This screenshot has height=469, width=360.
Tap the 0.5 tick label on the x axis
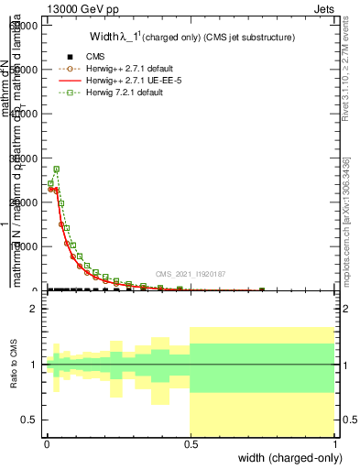tap(190, 442)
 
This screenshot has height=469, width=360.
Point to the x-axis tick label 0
tap(47, 442)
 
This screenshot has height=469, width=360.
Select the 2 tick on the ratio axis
tap(34, 309)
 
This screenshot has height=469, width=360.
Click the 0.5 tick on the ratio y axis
tap(29, 420)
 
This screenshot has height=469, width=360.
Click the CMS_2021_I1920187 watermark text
tap(191, 274)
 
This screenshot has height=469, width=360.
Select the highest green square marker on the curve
tap(56, 169)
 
